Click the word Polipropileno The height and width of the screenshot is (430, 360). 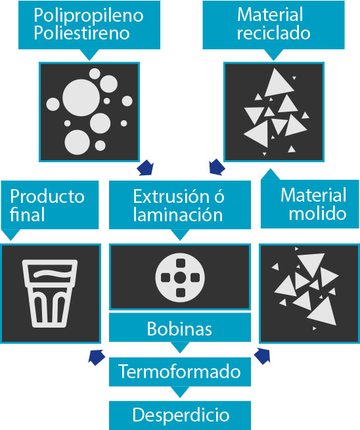coord(89,16)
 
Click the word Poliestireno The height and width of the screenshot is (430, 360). coord(81,33)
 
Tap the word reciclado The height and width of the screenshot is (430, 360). coord(273,33)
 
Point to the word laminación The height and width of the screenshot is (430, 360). coord(178,215)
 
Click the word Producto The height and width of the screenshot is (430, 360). coord(47,197)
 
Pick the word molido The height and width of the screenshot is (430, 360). coord(317,213)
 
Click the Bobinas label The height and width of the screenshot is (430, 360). coord(179,328)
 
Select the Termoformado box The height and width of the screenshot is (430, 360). coord(180,372)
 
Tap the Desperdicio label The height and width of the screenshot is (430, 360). coord(181,415)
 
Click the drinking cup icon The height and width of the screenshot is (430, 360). coord(50,293)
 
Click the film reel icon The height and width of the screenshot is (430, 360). coord(180,278)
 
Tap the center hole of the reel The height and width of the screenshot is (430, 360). coord(180,278)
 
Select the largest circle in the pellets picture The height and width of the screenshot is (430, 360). coord(81,98)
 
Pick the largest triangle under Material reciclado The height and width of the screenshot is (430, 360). coord(279,83)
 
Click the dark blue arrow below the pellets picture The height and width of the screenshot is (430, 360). coord(145,167)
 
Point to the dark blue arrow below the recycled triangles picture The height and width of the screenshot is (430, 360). coord(217,167)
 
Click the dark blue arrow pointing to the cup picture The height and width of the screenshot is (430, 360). coord(97,357)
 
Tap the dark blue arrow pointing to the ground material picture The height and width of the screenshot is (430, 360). coord(263,356)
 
